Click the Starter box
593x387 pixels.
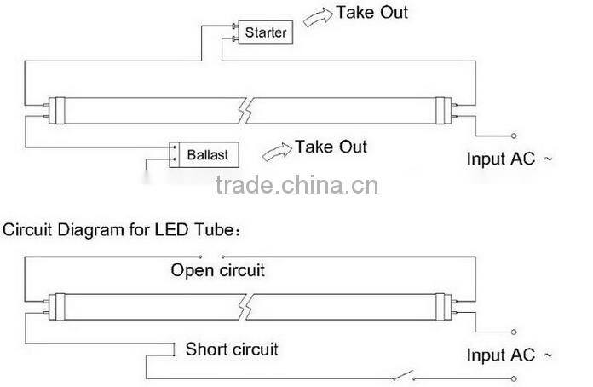click(x=266, y=33)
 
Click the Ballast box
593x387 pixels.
click(x=204, y=153)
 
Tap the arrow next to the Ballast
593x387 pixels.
click(x=276, y=151)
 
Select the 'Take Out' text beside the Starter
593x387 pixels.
click(x=371, y=13)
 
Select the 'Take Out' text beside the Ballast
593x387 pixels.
click(x=331, y=147)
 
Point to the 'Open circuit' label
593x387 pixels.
click(x=218, y=271)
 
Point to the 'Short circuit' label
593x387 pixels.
click(x=232, y=349)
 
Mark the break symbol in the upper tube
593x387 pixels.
click(x=245, y=109)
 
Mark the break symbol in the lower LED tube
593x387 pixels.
click(x=245, y=304)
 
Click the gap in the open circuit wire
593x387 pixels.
click(x=211, y=255)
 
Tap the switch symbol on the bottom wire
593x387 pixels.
click(x=403, y=376)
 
